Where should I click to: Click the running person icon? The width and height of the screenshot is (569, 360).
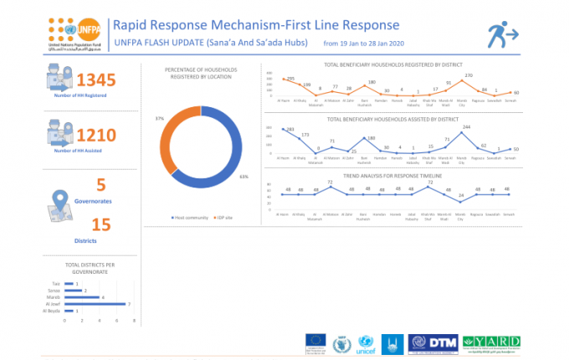click(x=504, y=35)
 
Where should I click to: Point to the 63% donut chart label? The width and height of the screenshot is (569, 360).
click(x=243, y=177)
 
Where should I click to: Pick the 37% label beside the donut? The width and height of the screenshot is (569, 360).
click(x=159, y=119)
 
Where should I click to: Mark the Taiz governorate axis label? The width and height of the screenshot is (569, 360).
click(x=57, y=284)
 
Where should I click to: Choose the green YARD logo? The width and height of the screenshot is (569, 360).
click(x=492, y=342)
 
